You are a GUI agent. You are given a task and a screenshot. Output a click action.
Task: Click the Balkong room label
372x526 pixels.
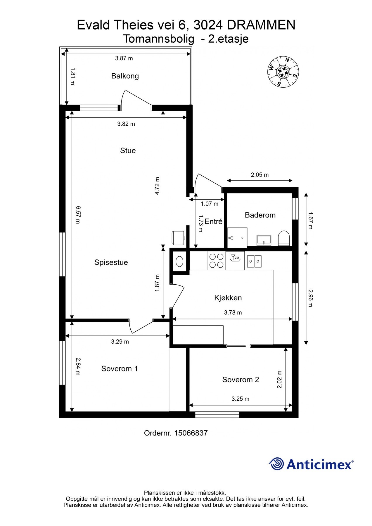(x=125, y=76)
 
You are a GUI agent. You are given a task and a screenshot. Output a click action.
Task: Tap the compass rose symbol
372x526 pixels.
(x=283, y=71)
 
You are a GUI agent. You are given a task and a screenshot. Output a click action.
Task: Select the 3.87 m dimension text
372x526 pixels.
(x=124, y=58)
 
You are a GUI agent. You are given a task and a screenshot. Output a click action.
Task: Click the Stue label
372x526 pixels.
(x=128, y=150)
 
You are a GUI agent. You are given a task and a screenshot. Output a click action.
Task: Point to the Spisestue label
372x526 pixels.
(x=111, y=262)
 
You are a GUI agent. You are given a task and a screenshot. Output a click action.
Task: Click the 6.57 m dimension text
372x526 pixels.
(x=78, y=215)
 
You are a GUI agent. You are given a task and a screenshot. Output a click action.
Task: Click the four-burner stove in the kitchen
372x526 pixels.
(x=216, y=261)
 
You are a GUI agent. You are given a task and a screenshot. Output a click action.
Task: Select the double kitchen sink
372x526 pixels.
(x=254, y=261)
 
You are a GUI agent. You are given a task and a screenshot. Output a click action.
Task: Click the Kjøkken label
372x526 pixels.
(x=228, y=298)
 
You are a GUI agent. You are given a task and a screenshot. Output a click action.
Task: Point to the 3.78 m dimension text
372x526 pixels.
(x=233, y=312)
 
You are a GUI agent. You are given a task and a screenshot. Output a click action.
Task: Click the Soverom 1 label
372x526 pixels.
(x=119, y=368)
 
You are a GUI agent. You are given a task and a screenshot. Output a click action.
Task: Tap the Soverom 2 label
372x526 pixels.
(x=240, y=380)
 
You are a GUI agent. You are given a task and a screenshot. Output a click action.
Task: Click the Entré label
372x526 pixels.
(x=213, y=222)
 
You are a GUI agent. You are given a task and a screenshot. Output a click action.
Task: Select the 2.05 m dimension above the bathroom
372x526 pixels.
(x=259, y=175)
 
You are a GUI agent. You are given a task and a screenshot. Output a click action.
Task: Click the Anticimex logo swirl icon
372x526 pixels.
(x=276, y=464)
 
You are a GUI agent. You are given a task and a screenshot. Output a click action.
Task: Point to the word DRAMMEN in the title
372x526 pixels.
(x=261, y=25)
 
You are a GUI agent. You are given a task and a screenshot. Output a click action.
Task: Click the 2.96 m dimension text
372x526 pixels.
(x=310, y=298)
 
